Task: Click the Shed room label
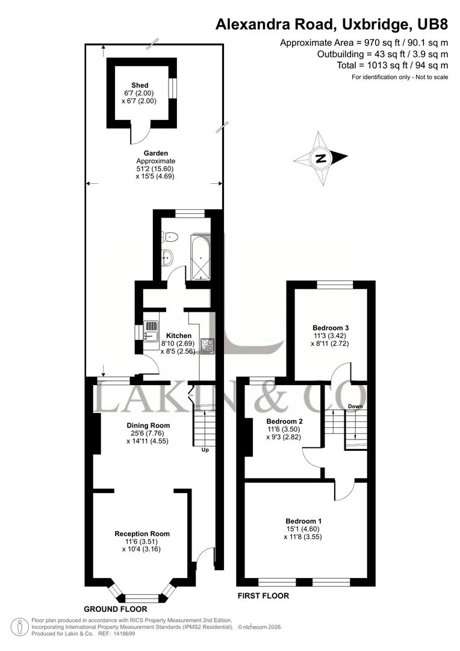pos(140,85)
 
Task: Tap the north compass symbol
pos(320,159)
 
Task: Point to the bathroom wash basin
pos(168,258)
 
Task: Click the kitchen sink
pos(149,332)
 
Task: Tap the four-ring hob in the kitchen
pos(207,346)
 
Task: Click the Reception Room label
pos(142,533)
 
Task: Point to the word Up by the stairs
pos(205,450)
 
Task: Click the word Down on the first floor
pos(354,406)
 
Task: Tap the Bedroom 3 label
pos(331,328)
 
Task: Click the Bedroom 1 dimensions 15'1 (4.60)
pos(303,529)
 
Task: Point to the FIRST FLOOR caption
pos(263,596)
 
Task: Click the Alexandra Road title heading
pos(332,25)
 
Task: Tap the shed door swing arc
pos(139,136)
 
